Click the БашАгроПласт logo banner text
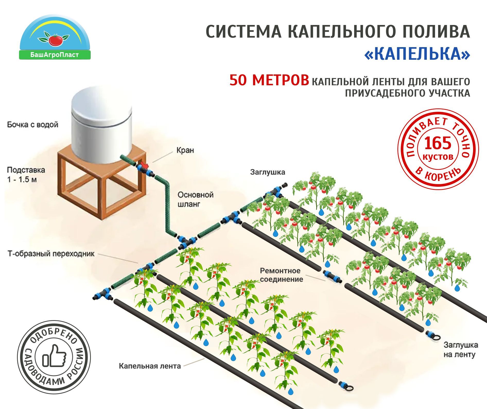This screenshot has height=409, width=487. click(55, 55)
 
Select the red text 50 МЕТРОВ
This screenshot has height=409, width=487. click(269, 80)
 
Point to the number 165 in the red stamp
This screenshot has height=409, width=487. click(438, 143)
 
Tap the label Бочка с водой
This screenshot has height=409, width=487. click(33, 125)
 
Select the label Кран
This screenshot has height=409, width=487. click(185, 150)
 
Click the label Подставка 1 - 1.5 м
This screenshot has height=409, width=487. click(26, 175)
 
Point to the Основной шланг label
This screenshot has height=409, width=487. click(195, 199)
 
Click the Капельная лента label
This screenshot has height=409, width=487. click(150, 366)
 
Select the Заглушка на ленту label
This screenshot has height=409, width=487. click(460, 350)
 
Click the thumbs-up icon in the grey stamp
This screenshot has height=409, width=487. click(55, 356)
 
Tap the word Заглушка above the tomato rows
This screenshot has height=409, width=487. click(267, 172)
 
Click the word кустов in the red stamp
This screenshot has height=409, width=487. click(438, 157)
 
